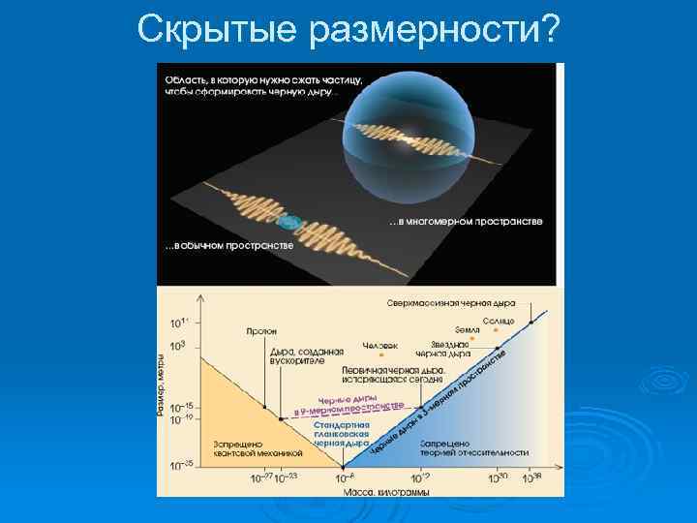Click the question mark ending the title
coord(548,30)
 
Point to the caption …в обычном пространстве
coord(228,245)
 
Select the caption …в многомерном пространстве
coord(467,222)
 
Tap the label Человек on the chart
coord(379,346)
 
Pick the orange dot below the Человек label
coord(380,356)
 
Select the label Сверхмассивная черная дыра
coord(452,302)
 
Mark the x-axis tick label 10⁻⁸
coord(345,478)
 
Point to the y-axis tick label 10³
coord(178,345)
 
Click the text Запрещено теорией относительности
coord(474,447)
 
